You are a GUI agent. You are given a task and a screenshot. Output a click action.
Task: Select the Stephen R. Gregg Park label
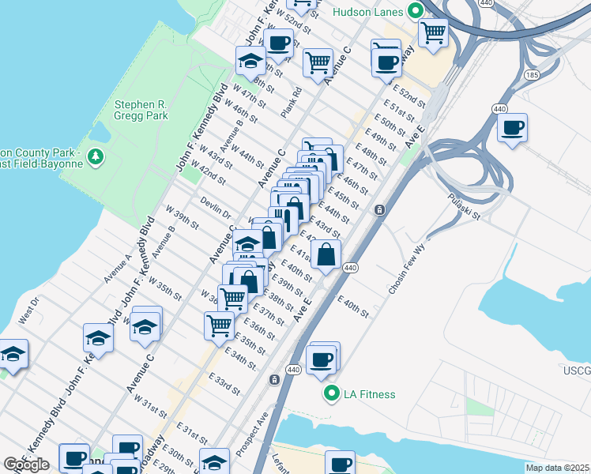(141, 110)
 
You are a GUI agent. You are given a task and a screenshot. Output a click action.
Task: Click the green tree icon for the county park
(96, 156)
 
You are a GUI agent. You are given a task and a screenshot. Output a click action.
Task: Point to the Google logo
(26, 465)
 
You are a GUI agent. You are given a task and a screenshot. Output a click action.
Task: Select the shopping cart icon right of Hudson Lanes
(433, 33)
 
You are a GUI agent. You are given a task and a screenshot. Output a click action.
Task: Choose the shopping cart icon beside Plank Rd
(318, 61)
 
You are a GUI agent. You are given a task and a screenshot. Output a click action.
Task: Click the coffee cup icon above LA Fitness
(322, 359)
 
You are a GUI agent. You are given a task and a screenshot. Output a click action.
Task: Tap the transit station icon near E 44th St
(379, 209)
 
